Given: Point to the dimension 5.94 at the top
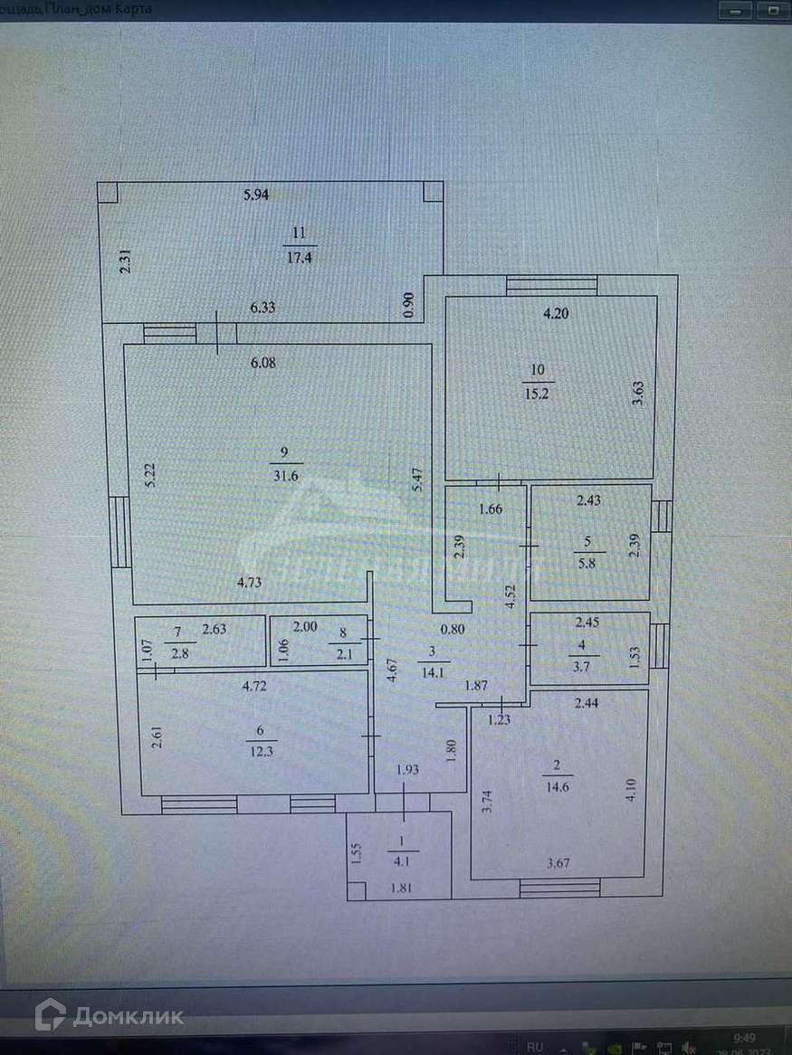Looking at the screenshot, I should tap(258, 194).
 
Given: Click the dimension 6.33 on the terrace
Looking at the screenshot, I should tap(262, 308).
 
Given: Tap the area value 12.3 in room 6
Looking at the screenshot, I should tap(261, 750).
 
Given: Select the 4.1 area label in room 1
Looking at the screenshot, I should tap(403, 860).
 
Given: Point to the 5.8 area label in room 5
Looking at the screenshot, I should tap(588, 561).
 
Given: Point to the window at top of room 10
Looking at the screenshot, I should tap(551, 285).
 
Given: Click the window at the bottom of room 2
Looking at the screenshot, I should tap(560, 888).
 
